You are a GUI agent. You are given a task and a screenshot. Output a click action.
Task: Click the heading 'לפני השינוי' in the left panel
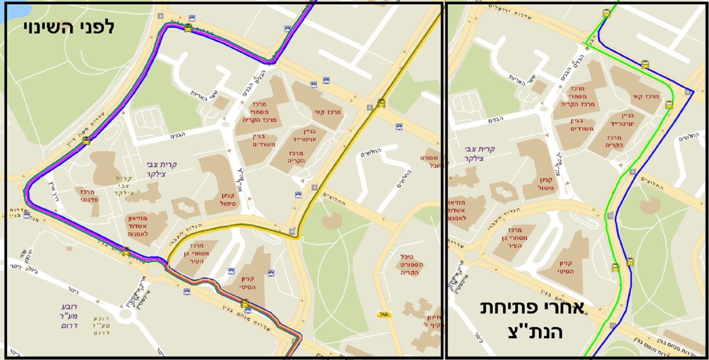(x=69, y=27)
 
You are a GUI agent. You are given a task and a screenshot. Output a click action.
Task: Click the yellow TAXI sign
(x=384, y=314)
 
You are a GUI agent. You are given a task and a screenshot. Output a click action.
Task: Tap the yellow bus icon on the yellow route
(x=381, y=103)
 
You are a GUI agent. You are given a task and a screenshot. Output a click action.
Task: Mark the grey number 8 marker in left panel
(x=369, y=108)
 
